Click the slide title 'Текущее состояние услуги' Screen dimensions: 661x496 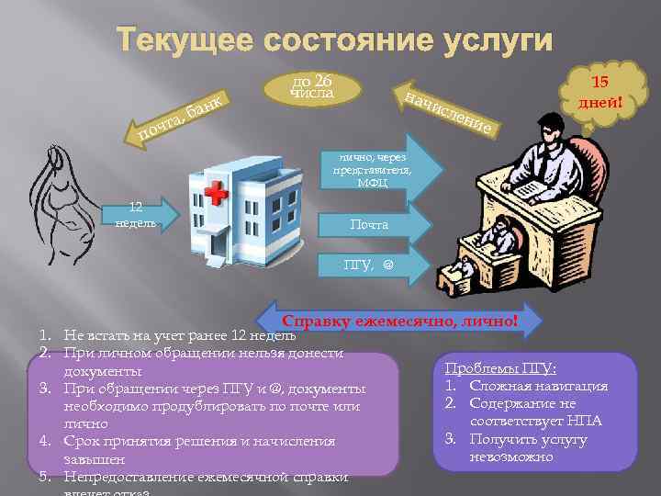[334, 41]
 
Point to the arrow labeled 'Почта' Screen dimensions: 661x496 [372, 224]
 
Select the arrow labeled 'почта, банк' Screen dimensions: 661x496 [184, 123]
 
